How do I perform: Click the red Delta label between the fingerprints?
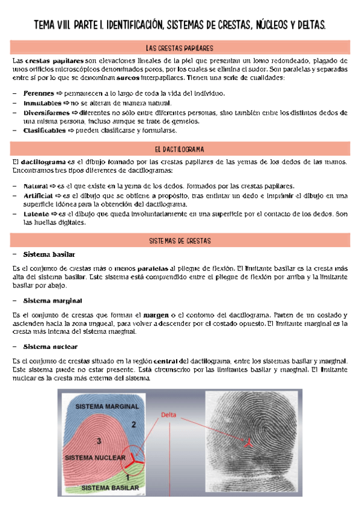pyautogui.click(x=170, y=414)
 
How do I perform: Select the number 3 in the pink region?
pyautogui.click(x=98, y=441)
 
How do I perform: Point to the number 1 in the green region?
pyautogui.click(x=136, y=475)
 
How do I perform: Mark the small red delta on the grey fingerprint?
pyautogui.click(x=247, y=443)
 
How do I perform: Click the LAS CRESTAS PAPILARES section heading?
pyautogui.click(x=180, y=48)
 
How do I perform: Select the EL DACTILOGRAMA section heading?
pyautogui.click(x=180, y=149)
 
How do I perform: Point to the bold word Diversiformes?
pyautogui.click(x=46, y=112)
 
